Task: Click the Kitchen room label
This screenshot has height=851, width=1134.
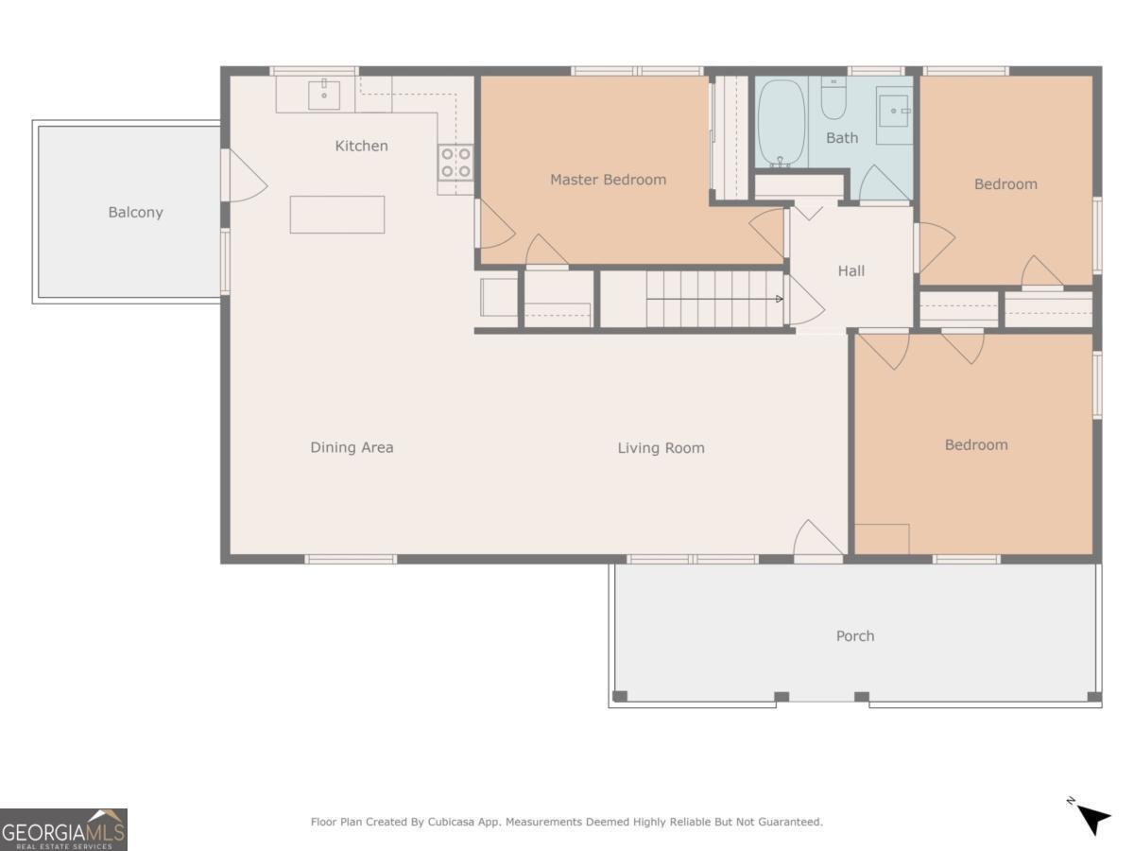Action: point(361,147)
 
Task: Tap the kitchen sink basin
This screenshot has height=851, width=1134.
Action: point(324,96)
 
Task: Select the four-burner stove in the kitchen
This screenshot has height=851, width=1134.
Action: point(455,163)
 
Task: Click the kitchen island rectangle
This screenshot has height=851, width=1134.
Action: point(336,215)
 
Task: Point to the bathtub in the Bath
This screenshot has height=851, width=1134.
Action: point(782,123)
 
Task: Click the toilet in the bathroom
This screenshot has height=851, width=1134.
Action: point(833,98)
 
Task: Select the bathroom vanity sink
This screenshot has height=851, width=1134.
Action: point(894,111)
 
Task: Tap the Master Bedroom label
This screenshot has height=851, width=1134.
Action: point(608,180)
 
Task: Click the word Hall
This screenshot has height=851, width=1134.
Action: point(850,270)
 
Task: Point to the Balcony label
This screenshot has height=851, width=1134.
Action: point(135,213)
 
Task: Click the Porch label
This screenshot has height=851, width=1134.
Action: point(855,636)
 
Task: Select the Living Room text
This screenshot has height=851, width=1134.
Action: point(661,448)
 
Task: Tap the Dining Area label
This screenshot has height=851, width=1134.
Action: point(352,447)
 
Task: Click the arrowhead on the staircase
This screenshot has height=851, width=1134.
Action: point(779,299)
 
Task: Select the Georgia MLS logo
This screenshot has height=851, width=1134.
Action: point(63,829)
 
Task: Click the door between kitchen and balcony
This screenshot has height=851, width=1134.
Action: point(244,175)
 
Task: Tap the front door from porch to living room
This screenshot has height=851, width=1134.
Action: point(817,540)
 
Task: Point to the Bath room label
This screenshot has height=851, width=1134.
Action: point(842,138)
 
